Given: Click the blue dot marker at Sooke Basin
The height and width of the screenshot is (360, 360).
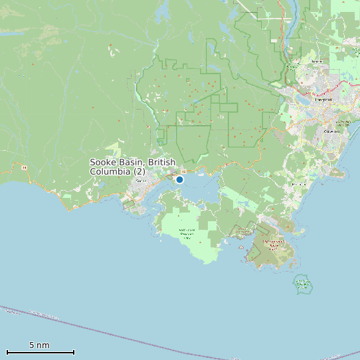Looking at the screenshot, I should click(x=179, y=179).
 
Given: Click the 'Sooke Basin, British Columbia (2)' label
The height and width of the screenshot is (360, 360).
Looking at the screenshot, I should click(x=133, y=167).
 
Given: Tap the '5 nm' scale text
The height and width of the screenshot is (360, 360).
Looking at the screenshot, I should click(x=39, y=345).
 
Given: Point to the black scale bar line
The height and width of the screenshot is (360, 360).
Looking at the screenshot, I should click(x=40, y=352).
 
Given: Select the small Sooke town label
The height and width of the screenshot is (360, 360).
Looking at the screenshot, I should click(x=140, y=181).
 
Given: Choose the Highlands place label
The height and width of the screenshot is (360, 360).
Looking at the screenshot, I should click(x=317, y=61).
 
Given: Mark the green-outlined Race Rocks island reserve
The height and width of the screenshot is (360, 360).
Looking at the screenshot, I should click(x=303, y=285).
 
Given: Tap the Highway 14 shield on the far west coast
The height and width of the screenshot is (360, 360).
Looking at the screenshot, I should click(x=25, y=168).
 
